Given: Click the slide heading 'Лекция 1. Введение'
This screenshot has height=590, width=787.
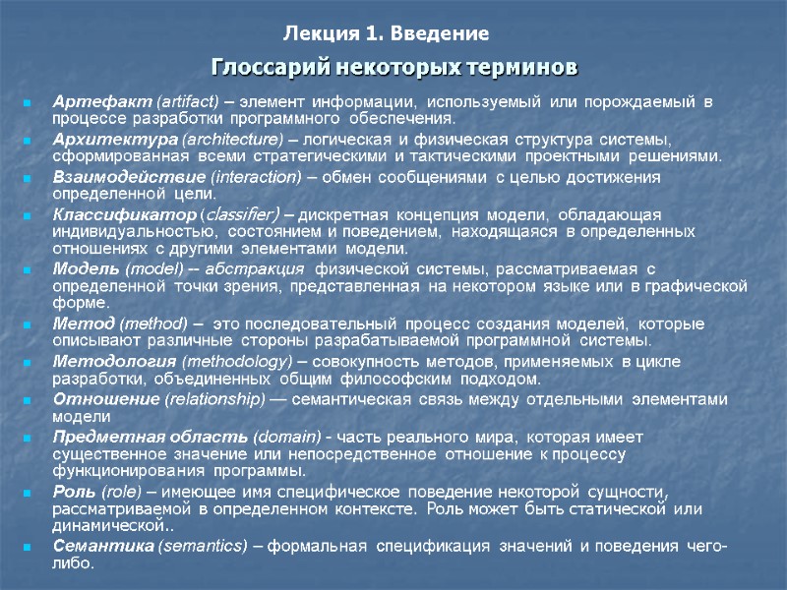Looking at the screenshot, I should pyautogui.click(x=387, y=35).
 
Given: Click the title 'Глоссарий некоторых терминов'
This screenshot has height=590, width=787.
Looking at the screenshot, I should pyautogui.click(x=395, y=68).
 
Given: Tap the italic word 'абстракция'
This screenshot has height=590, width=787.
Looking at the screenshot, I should pyautogui.click(x=259, y=268).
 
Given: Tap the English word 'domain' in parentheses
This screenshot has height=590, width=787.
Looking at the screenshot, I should pyautogui.click(x=283, y=436).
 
